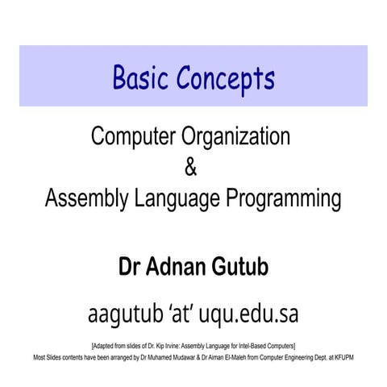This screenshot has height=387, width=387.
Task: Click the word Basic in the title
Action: pyautogui.click(x=140, y=77)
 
